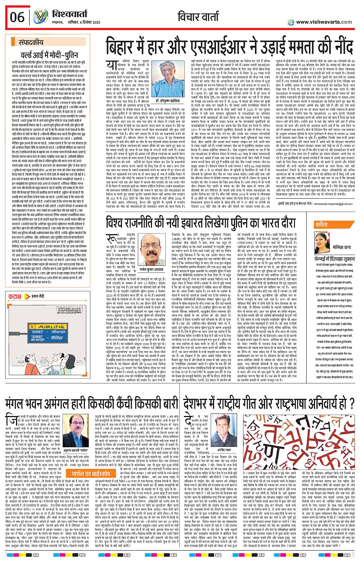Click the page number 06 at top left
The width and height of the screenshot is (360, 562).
18,17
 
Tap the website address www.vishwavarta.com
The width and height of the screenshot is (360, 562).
324,22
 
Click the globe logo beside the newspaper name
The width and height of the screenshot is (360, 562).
41,17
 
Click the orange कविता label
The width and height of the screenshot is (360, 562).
321,225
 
